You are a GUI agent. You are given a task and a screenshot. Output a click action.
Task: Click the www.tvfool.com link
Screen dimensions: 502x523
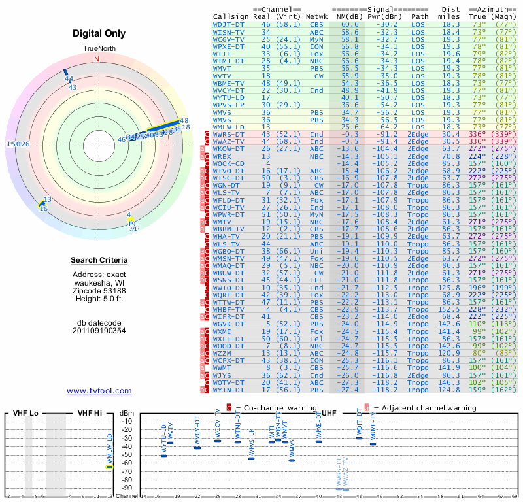(99, 391)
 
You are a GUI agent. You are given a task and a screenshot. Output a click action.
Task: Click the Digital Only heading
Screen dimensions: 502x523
(99, 33)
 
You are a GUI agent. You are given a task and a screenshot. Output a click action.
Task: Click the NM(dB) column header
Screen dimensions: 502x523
(346, 16)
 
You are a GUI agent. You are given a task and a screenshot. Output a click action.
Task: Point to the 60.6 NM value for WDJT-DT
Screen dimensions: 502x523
(350, 24)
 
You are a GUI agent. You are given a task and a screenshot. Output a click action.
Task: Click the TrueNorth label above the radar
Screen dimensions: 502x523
(98, 50)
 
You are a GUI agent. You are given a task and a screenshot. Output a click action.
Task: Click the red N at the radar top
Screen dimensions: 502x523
(97, 59)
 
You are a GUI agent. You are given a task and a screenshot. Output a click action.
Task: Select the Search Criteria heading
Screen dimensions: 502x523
(99, 261)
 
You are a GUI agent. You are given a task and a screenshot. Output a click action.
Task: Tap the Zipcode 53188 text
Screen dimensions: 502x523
(99, 290)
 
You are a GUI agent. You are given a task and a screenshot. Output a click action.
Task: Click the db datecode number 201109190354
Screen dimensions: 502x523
(99, 331)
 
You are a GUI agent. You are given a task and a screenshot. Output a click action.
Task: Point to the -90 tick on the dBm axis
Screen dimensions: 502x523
(127, 488)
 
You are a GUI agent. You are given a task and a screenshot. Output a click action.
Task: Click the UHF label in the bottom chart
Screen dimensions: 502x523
(329, 414)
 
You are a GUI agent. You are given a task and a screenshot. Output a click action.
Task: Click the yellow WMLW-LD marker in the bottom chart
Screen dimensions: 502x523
(109, 466)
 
